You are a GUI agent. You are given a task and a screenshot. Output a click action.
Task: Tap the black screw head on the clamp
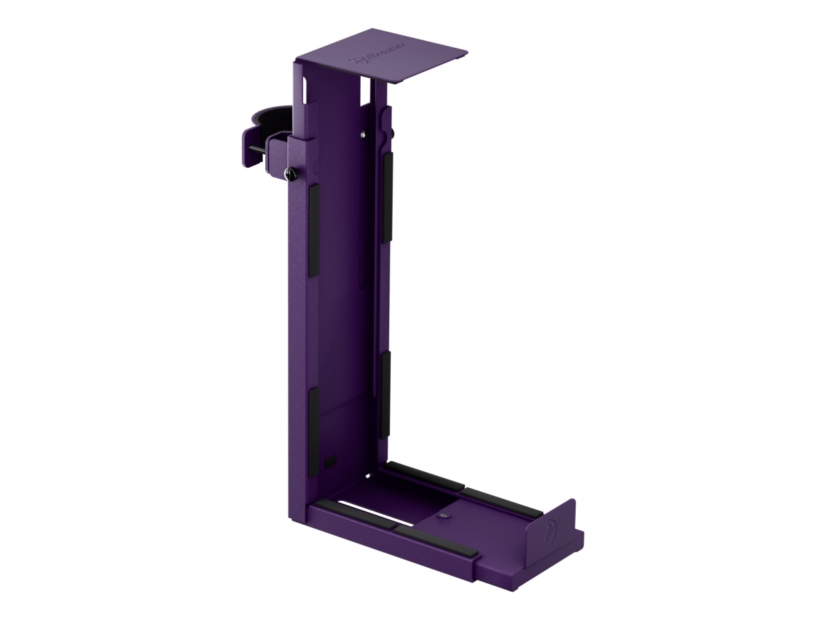tap(290, 174)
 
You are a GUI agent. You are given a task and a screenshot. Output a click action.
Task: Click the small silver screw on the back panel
tap(363, 135)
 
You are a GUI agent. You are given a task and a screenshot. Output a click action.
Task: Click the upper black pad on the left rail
tap(313, 230)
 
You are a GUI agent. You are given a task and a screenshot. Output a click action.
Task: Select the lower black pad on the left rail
tap(312, 431)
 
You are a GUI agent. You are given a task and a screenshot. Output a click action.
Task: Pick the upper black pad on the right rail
tap(387, 197)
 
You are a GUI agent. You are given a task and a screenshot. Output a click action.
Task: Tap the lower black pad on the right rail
tap(385, 394)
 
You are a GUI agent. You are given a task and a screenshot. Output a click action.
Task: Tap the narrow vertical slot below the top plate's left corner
tap(304, 90)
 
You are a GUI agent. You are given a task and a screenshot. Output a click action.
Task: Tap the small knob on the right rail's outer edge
tap(393, 133)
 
